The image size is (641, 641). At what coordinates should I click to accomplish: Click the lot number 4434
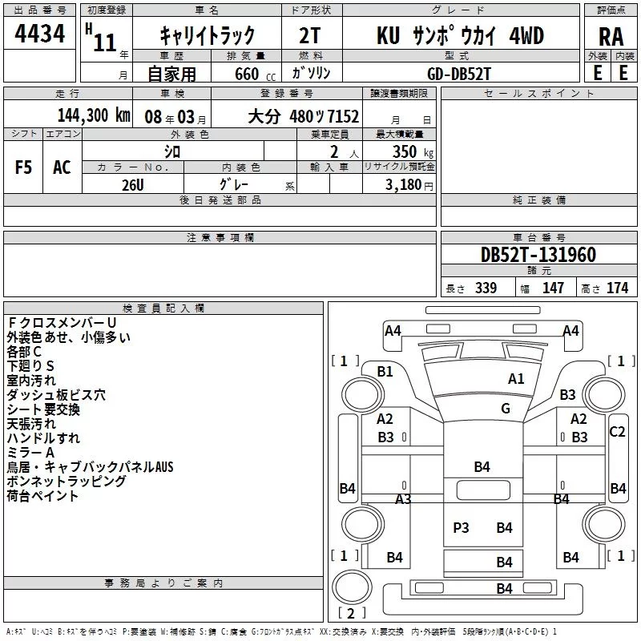coord(39,34)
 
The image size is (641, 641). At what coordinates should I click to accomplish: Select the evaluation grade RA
coord(611,37)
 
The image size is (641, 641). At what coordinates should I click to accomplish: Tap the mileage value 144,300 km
coord(94,115)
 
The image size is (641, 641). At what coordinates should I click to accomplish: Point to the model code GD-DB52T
coord(458,74)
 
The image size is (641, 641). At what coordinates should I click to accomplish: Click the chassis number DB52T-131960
coord(538,255)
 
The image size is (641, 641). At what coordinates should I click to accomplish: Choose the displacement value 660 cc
coord(255,74)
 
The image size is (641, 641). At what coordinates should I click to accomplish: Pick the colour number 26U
coord(133,185)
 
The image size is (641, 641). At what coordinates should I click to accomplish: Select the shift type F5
coord(23,167)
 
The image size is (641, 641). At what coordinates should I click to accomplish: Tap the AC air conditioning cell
coord(62,167)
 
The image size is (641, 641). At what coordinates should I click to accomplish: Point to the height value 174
coord(617,288)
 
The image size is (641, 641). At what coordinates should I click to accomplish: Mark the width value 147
coord(553,288)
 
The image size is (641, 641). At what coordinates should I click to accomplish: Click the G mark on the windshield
coord(506,409)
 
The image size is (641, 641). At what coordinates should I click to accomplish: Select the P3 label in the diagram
coord(461,528)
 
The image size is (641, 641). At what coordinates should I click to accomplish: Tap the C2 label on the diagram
coord(617,432)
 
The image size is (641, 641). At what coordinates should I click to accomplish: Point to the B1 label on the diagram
coord(385,372)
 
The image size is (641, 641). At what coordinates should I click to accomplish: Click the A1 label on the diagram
coord(516,379)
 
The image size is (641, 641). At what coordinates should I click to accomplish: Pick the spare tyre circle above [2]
coord(352,587)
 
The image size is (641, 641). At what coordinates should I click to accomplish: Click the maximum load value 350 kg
coord(413,152)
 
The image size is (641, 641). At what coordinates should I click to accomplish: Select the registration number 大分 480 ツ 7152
coord(304,116)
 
